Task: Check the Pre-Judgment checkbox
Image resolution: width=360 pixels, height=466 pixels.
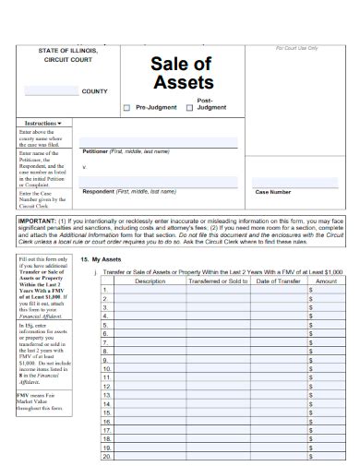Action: [x=127, y=108]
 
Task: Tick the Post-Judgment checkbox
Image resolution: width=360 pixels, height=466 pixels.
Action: [x=190, y=108]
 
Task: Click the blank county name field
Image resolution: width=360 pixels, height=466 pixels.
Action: [x=51, y=91]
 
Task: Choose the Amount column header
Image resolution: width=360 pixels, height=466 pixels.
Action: [x=326, y=281]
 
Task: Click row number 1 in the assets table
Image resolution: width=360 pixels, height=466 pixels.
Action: [x=105, y=290]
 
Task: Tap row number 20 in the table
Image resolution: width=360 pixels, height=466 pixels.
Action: [x=106, y=456]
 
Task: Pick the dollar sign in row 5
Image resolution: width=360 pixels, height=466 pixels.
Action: [x=311, y=325]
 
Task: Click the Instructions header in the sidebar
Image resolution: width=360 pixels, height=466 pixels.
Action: [x=42, y=123]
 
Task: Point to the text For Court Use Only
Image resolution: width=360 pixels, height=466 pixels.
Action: [x=297, y=48]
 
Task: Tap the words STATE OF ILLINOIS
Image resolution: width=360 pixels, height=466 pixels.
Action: [x=70, y=51]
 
